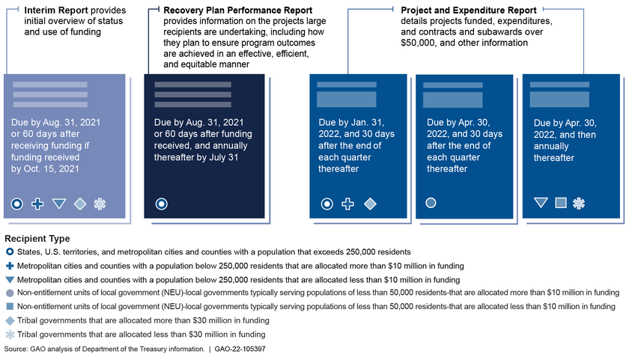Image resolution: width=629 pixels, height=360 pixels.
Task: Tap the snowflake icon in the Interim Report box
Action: (x=100, y=204)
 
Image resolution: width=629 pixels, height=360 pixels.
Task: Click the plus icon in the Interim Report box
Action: (x=37, y=204)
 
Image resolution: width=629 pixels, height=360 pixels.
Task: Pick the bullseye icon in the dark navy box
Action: (x=161, y=204)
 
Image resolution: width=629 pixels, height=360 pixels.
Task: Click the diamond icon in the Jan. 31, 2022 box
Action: (x=369, y=204)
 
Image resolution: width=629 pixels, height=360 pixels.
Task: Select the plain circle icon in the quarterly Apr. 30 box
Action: (x=431, y=203)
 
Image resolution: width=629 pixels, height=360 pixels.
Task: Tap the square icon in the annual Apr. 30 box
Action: (x=560, y=203)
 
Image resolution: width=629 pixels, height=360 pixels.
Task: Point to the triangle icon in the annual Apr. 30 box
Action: (x=541, y=203)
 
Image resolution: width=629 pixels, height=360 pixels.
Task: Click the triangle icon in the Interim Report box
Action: (x=59, y=204)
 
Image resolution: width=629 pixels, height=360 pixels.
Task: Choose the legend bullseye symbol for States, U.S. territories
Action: (x=9, y=252)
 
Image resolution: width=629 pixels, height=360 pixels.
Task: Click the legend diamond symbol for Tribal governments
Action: (x=9, y=320)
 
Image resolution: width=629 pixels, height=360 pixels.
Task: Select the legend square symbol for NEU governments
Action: (x=9, y=306)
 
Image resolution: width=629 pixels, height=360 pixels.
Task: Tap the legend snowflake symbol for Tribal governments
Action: (x=9, y=334)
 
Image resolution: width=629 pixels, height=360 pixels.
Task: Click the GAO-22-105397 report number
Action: (x=266, y=349)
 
